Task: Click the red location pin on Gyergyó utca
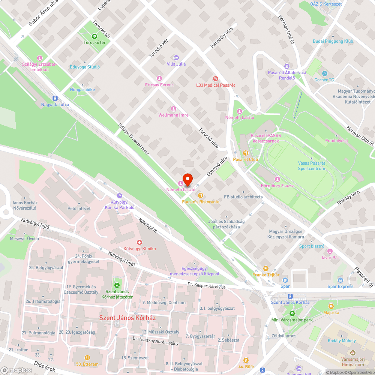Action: [187, 180]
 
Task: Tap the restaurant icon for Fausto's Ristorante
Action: [201, 195]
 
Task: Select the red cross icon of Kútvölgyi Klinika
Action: [139, 243]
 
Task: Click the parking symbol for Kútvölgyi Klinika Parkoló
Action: [120, 195]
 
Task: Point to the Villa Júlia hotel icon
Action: [176, 58]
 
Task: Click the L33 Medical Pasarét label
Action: [215, 85]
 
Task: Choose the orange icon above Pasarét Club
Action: [246, 153]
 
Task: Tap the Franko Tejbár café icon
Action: [266, 268]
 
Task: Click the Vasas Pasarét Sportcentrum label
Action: [311, 166]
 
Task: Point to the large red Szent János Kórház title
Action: [127, 318]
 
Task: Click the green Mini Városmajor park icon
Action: [292, 313]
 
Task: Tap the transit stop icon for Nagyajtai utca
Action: [55, 98]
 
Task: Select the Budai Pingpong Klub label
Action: [333, 41]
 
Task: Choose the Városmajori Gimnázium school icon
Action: [352, 353]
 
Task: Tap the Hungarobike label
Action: [82, 90]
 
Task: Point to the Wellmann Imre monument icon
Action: [173, 109]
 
